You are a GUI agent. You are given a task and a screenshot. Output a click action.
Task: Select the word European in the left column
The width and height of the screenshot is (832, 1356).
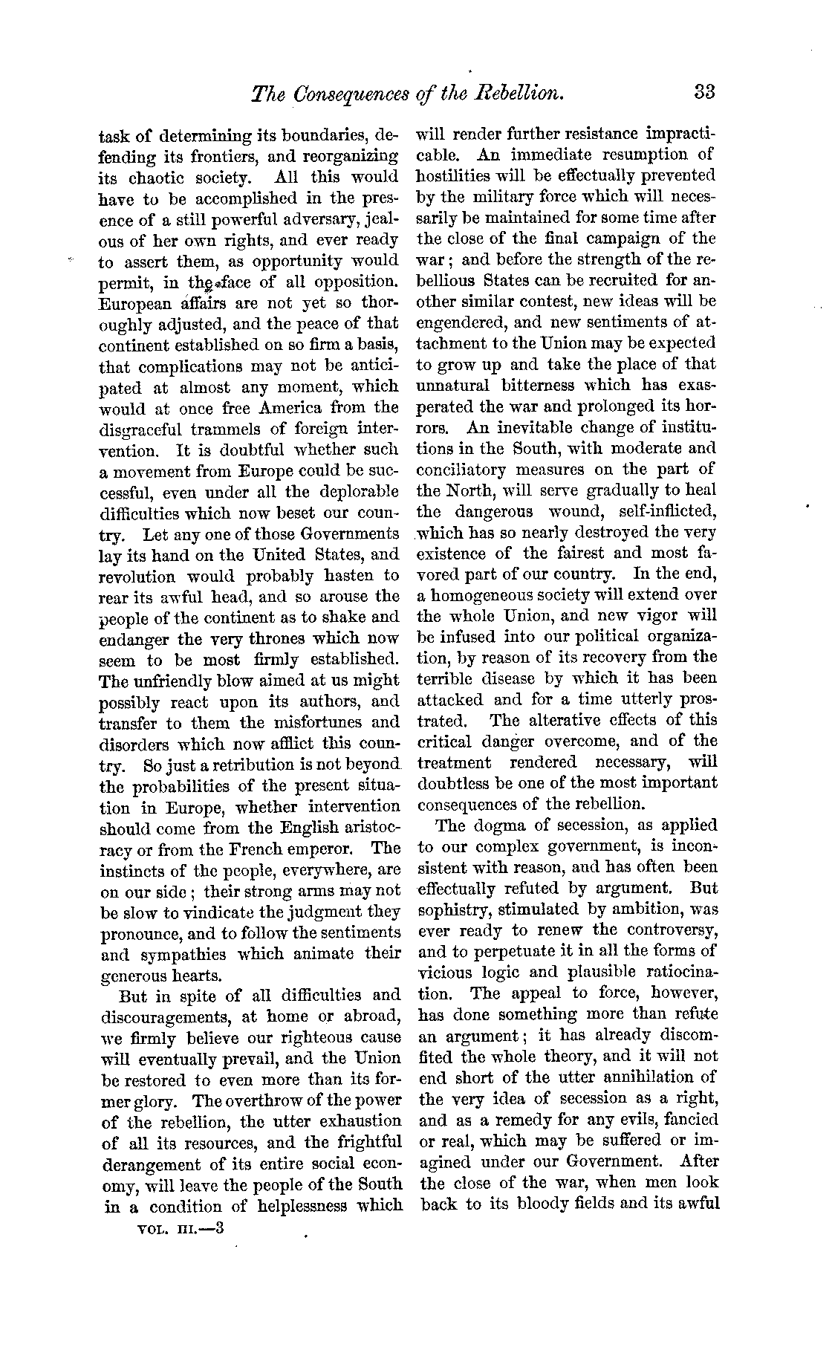134,304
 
